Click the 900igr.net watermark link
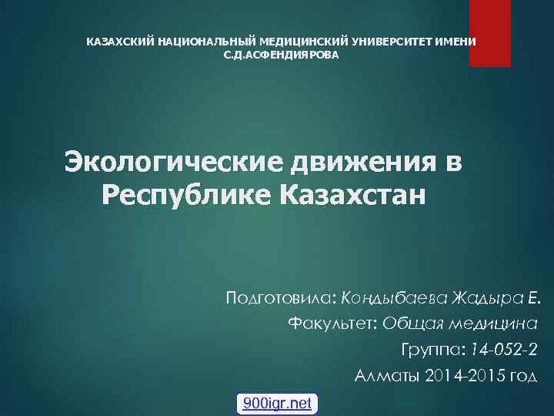[x=277, y=403]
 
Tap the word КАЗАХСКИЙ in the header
[x=119, y=41]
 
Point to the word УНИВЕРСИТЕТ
[x=398, y=41]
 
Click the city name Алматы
[x=384, y=376]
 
